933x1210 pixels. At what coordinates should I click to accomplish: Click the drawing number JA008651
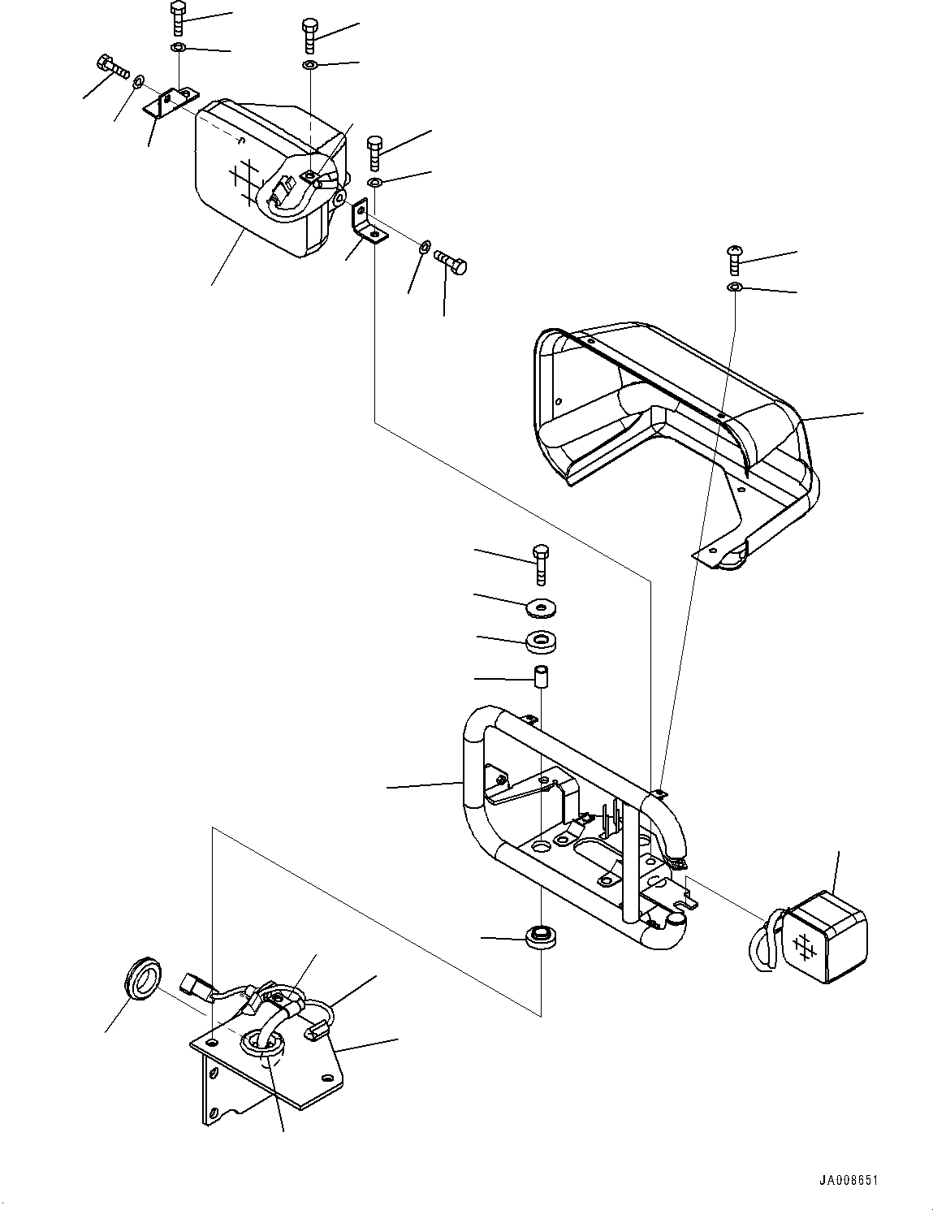[848, 1180]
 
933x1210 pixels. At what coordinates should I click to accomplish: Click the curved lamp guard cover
[674, 414]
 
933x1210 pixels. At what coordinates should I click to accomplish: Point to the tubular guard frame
[568, 820]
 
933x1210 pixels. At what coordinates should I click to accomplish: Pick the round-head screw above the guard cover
[733, 257]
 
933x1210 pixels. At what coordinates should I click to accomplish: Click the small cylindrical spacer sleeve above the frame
[540, 676]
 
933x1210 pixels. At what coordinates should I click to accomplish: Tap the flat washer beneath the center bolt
[541, 606]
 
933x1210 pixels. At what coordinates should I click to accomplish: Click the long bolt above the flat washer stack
[540, 564]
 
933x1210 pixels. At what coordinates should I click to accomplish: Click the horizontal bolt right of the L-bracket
[451, 263]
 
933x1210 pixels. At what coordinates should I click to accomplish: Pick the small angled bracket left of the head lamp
[169, 103]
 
